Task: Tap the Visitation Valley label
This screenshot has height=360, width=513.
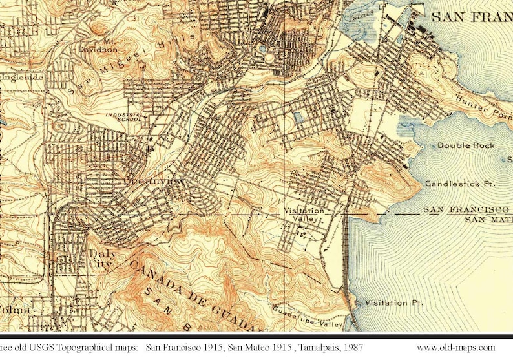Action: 303,215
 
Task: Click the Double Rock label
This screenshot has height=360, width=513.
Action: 466,145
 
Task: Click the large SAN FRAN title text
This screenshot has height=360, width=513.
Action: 471,17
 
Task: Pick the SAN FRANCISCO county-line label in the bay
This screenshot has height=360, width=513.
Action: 467,210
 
